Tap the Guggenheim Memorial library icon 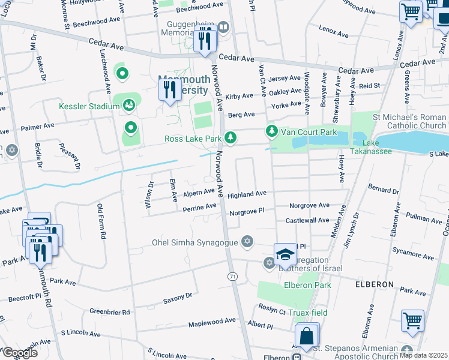(x=223, y=26)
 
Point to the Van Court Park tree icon (x=272, y=131)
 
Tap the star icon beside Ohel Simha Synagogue (x=246, y=241)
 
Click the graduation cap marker (x=286, y=255)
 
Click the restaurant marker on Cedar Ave (x=205, y=40)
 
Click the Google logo (x=19, y=352)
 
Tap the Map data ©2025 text (x=423, y=355)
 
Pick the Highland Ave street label (x=246, y=194)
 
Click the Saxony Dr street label (x=177, y=296)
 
